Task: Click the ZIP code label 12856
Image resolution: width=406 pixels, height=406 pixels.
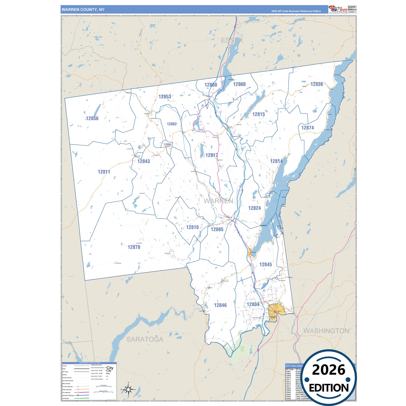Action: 92,119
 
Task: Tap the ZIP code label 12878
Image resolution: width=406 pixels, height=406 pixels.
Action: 134,247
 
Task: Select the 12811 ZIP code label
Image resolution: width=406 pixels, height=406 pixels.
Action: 104,172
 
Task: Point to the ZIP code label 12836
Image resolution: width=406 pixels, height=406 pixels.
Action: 317,84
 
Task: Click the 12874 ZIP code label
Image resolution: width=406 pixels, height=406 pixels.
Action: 307,128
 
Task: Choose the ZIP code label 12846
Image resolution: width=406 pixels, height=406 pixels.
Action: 220,305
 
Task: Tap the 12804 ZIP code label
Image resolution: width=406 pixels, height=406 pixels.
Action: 253,305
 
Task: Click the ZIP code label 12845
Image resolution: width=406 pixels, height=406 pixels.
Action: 266,265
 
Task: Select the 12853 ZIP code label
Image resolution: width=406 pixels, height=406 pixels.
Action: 165,97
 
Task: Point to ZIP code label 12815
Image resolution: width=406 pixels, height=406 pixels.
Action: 258,114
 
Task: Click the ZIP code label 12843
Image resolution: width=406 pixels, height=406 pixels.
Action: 144,161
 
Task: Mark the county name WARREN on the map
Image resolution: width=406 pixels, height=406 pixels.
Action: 218,201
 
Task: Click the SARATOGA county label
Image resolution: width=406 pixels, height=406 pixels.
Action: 145,339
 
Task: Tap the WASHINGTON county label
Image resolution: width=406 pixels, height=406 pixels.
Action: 326,331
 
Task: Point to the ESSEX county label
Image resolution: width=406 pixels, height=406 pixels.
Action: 232,40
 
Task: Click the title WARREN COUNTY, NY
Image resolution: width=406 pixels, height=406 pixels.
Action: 83,10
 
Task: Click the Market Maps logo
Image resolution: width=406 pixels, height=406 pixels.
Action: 338,9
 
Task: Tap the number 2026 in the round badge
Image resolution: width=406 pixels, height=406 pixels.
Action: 328,370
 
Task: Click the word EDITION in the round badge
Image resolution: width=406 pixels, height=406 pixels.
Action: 329,388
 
